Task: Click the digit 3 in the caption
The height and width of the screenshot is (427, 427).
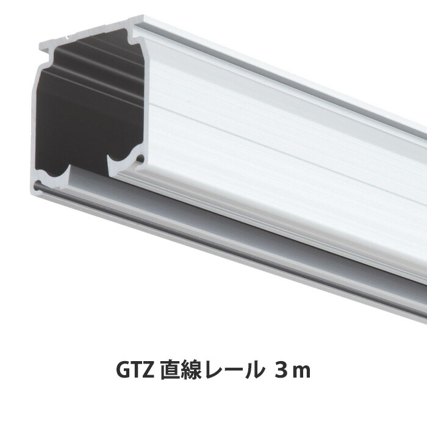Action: [282, 370]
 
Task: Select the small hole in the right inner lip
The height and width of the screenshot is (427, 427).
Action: [140, 159]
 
